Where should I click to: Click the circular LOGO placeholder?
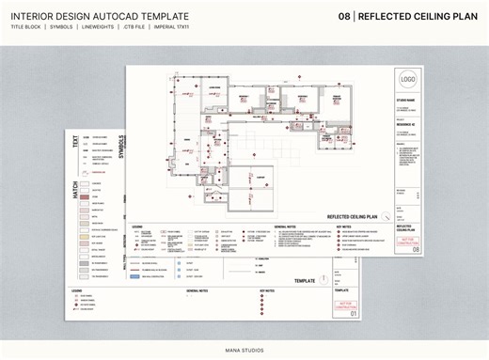pos(407,80)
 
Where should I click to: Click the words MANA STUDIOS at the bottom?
pos(244,350)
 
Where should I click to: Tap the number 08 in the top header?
pos(344,17)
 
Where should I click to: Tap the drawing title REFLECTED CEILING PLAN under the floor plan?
pos(352,215)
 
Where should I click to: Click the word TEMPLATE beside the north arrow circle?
pos(304,281)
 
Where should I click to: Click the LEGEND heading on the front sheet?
pos(137,227)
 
